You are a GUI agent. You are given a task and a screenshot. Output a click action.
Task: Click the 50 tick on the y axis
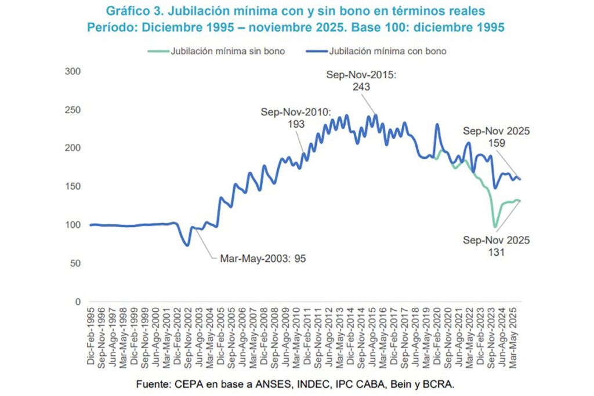pos(74,263)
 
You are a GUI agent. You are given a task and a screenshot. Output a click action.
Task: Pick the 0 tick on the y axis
pos(77,302)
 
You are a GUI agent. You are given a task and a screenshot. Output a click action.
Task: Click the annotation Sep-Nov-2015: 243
pos(360,81)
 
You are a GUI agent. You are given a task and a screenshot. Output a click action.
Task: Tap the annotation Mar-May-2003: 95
pos(262,259)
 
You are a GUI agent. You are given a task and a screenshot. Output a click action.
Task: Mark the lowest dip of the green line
pos(495,227)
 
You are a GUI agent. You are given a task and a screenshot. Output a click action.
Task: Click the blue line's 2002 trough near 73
pos(187,245)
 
